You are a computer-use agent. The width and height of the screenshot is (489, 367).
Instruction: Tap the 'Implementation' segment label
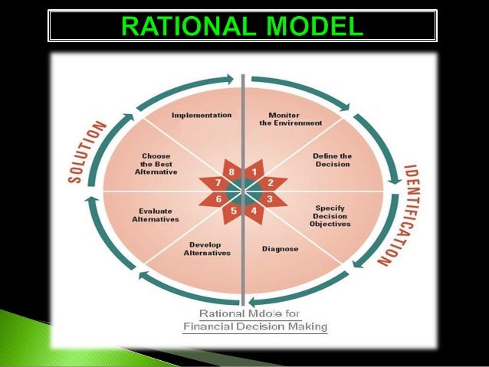point(202,115)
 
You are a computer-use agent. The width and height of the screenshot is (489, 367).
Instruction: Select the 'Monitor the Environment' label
point(284,120)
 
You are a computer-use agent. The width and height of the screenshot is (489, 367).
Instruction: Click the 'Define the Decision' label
point(331,159)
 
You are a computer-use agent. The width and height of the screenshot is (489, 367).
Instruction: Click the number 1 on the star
point(254,172)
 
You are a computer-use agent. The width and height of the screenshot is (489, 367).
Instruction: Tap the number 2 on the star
point(270,183)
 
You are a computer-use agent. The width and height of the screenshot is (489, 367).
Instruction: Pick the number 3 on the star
point(270,199)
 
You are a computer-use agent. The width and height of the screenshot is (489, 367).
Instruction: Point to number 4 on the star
point(254,210)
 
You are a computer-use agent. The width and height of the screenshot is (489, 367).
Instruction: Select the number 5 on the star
point(234,210)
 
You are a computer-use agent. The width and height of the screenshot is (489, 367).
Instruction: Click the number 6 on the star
point(218,199)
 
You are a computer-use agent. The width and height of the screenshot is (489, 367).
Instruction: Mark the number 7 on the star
point(218,183)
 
